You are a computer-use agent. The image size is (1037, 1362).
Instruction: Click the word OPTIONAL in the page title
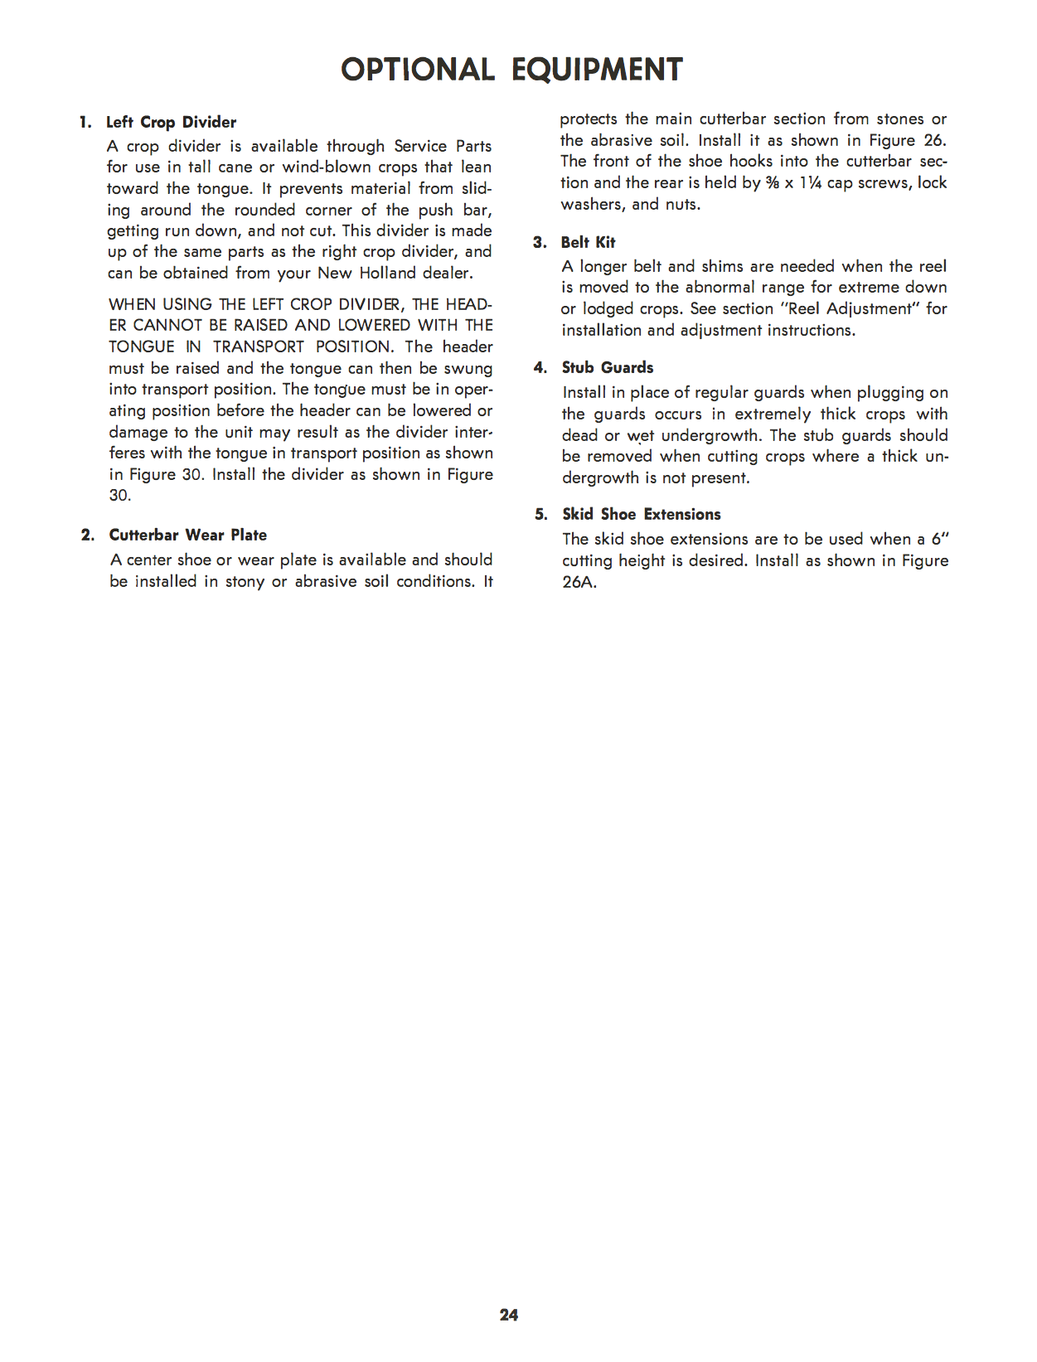tap(417, 70)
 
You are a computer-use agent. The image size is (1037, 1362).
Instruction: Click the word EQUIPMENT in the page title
tap(597, 70)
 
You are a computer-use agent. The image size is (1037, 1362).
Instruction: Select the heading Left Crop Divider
tap(171, 123)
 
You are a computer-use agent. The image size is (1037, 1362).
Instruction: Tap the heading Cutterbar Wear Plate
tap(188, 536)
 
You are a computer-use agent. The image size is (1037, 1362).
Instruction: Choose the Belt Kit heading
tap(588, 242)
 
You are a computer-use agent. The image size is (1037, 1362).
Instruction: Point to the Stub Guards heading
tap(608, 368)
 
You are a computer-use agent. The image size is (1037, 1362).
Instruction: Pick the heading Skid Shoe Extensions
tap(642, 515)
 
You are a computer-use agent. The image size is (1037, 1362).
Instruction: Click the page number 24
tap(509, 1315)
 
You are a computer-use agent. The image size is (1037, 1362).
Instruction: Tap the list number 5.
tap(540, 515)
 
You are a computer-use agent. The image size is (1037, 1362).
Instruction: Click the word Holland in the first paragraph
tap(387, 274)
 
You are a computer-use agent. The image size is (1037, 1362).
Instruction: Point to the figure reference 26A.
tap(579, 582)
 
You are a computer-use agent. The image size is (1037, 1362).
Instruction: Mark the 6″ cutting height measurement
tap(939, 540)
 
